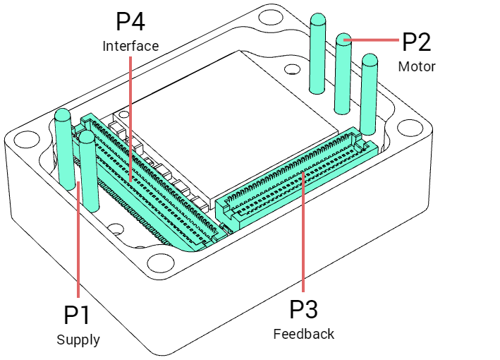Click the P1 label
tap(78, 315)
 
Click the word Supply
tap(78, 340)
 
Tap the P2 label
tap(416, 42)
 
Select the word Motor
tap(417, 67)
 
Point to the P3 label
tap(304, 309)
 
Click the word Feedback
tap(304, 334)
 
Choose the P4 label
tap(130, 22)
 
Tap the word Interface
tap(130, 46)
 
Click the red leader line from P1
tap(78, 240)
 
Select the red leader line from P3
tap(303, 233)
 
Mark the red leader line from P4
tap(131, 113)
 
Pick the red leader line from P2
tap(374, 40)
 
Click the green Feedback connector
tap(296, 180)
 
